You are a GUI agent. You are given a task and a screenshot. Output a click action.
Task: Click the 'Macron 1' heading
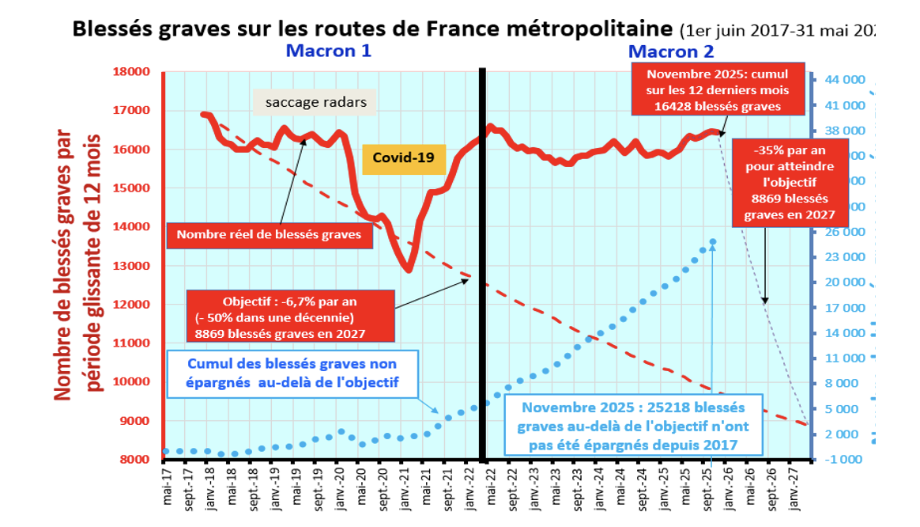(x=328, y=51)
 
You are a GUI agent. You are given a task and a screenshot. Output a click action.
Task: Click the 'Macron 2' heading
(x=671, y=51)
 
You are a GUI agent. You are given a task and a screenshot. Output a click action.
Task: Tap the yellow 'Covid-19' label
(x=404, y=157)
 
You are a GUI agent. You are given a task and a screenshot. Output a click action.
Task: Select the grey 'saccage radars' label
(x=315, y=102)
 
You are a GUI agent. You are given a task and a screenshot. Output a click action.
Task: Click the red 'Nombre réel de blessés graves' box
(x=269, y=234)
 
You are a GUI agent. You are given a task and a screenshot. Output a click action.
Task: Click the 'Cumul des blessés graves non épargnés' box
(x=292, y=374)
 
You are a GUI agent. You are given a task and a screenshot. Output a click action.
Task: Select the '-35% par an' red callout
(x=785, y=183)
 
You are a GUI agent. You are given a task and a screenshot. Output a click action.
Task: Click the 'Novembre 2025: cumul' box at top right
(x=718, y=90)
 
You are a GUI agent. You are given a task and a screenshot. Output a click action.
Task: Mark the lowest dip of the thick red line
(x=408, y=271)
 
